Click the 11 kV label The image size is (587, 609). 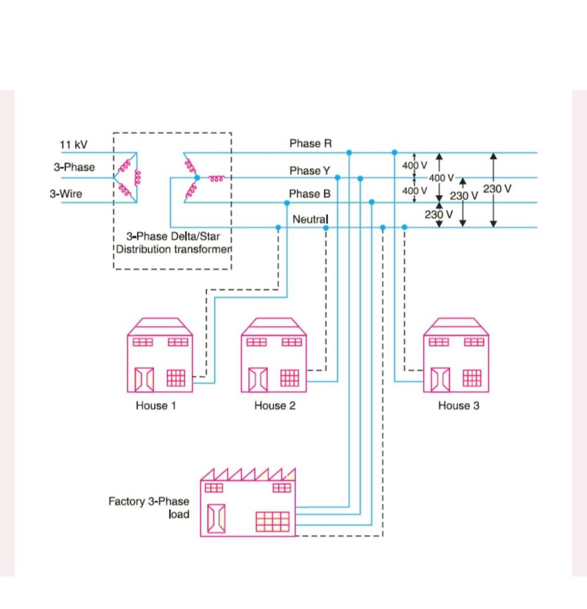[73, 145]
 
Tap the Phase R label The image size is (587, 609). [310, 143]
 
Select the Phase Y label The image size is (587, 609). [309, 171]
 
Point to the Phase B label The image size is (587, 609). [309, 194]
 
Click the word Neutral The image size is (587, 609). [310, 219]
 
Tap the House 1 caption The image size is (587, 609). [156, 406]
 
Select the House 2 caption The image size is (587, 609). [274, 406]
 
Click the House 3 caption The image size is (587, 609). [459, 406]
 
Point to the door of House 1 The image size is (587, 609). [144, 379]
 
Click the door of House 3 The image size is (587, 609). [440, 379]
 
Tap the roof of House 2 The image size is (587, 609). [274, 326]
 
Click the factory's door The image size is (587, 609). [216, 517]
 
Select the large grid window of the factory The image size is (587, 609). [273, 522]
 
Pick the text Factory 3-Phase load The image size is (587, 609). [149, 507]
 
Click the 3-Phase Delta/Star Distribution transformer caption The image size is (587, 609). [172, 243]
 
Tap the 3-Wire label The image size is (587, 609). [65, 194]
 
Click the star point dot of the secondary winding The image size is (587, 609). [197, 177]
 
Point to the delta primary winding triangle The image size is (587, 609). [127, 177]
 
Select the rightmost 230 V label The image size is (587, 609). [497, 189]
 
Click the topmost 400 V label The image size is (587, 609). [415, 165]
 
